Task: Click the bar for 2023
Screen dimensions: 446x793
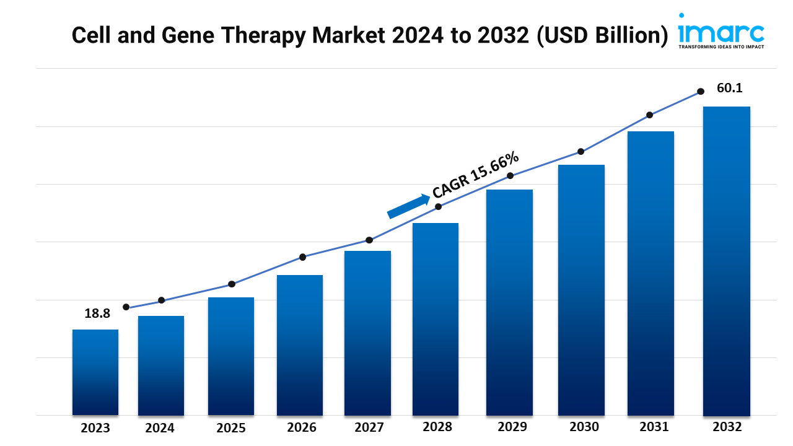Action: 95,372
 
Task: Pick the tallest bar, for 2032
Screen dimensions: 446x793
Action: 726,260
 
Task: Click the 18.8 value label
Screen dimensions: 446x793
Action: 97,313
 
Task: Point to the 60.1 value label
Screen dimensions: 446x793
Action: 729,88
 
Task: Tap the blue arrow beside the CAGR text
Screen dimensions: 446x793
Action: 408,206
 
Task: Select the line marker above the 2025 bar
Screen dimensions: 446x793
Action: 232,284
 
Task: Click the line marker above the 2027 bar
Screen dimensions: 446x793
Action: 369,240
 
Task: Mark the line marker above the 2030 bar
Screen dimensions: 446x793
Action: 581,152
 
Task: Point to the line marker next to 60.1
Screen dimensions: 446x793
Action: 701,91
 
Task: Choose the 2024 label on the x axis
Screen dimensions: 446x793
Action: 160,427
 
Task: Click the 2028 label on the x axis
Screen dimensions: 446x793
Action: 437,427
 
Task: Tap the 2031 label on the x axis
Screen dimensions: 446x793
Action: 654,427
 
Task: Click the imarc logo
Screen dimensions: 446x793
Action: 721,30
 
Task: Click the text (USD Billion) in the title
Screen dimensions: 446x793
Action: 600,35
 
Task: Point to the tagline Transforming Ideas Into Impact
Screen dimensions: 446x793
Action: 721,46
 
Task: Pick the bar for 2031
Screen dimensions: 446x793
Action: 651,273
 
